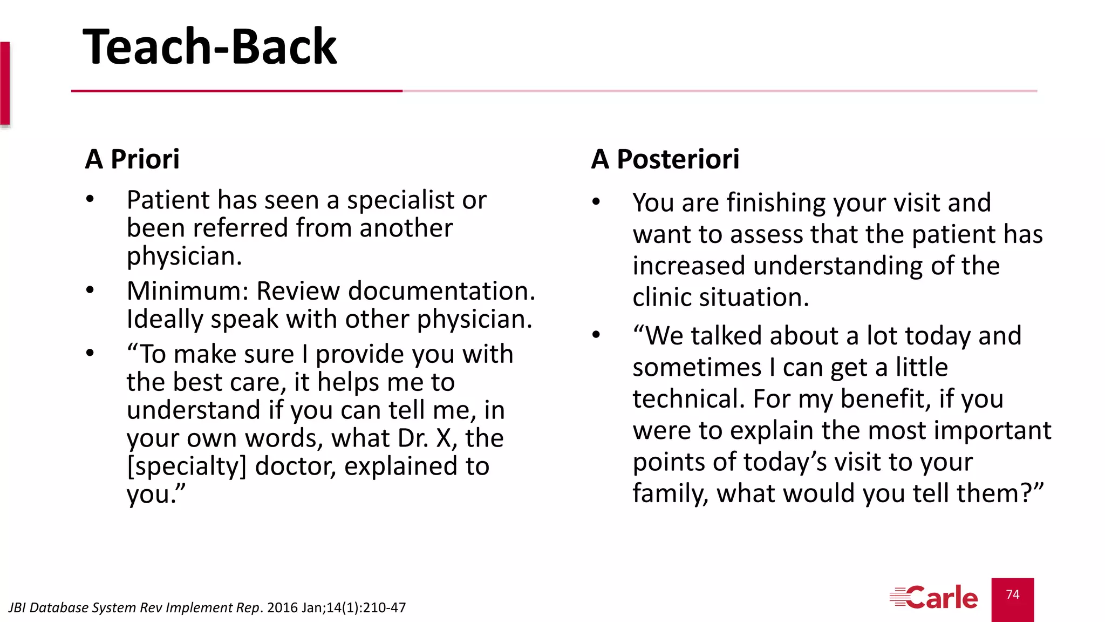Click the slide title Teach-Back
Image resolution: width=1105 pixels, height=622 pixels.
tap(210, 47)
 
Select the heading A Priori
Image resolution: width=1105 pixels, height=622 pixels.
tap(132, 159)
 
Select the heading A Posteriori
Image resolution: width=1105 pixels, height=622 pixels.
tap(665, 159)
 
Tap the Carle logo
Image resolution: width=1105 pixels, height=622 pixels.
tap(934, 598)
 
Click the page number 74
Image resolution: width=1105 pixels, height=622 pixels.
tap(1013, 594)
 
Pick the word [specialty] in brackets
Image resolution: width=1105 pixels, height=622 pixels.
tap(186, 466)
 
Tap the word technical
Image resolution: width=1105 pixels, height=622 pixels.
tap(688, 399)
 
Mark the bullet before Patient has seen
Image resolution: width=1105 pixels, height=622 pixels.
tap(90, 199)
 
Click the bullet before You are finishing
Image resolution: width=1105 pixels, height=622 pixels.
tap(596, 202)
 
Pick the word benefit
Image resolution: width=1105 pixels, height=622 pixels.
tap(886, 399)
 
